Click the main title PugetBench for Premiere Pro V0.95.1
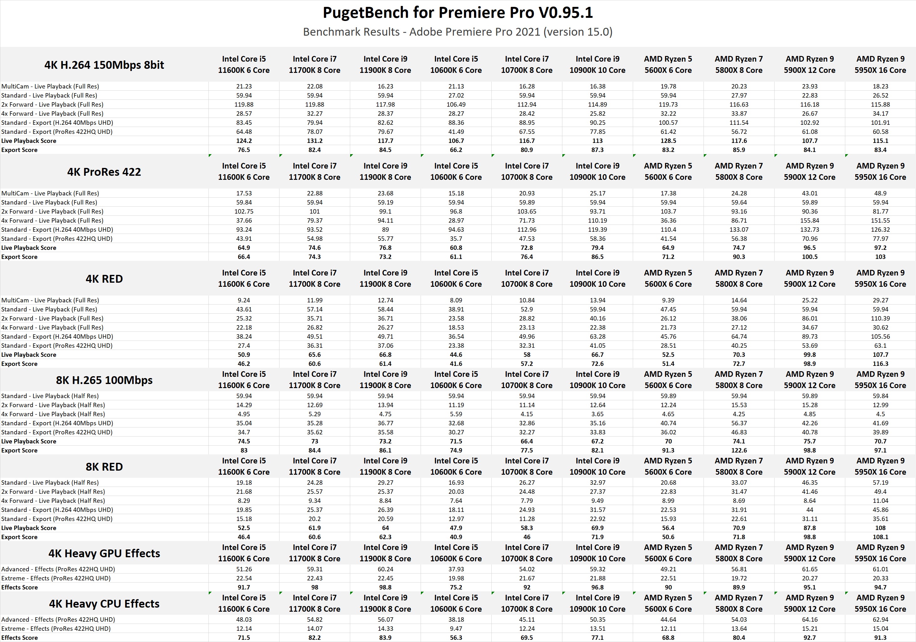[458, 13]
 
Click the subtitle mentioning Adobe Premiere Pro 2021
[458, 32]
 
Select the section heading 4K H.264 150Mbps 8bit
[104, 65]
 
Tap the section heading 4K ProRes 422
[104, 172]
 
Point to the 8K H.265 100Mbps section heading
[104, 380]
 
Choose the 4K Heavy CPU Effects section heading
[104, 604]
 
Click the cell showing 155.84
[810, 220]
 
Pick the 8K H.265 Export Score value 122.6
[739, 450]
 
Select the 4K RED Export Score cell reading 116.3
[880, 364]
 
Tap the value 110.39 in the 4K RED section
[880, 318]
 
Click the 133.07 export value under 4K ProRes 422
[739, 230]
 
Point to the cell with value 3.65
[597, 414]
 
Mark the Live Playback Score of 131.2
[315, 141]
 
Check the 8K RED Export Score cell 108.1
[880, 537]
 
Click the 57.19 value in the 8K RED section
[880, 483]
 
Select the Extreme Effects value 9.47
[456, 629]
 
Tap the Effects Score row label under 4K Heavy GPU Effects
[19, 587]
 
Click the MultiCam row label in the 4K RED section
[50, 300]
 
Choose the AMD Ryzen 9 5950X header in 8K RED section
[880, 466]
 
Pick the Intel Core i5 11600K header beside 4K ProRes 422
[244, 171]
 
